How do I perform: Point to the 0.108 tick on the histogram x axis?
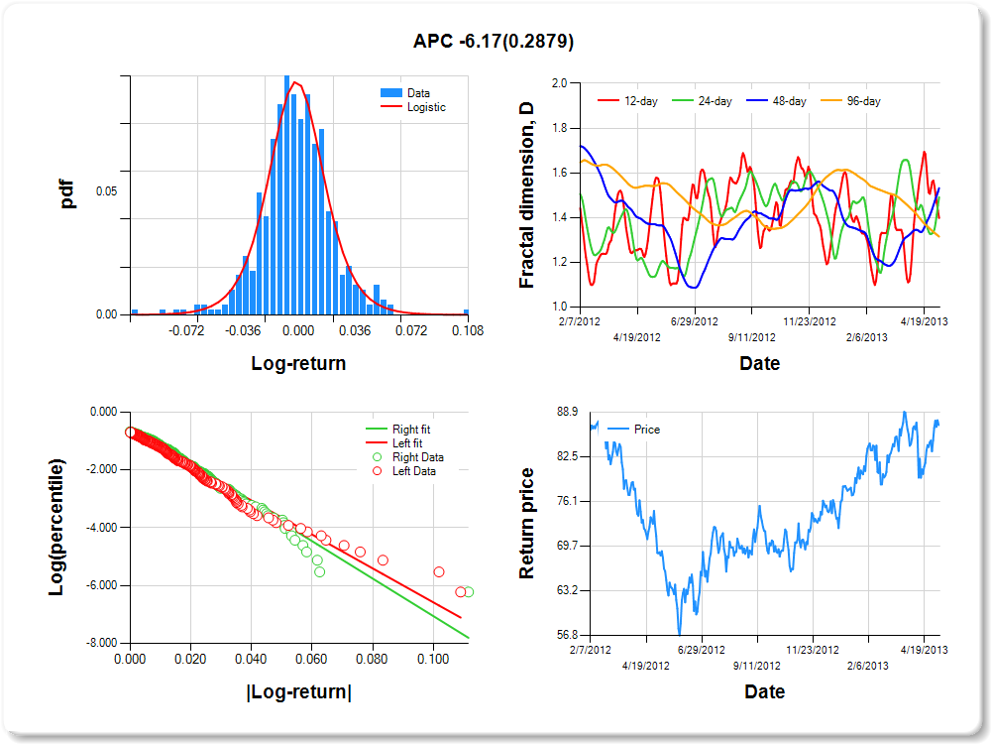coord(467,330)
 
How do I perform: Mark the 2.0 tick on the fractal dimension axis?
coord(558,83)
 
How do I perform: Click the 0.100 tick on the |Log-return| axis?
coord(432,658)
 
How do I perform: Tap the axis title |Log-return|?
coord(298,691)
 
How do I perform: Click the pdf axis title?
coord(68,193)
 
